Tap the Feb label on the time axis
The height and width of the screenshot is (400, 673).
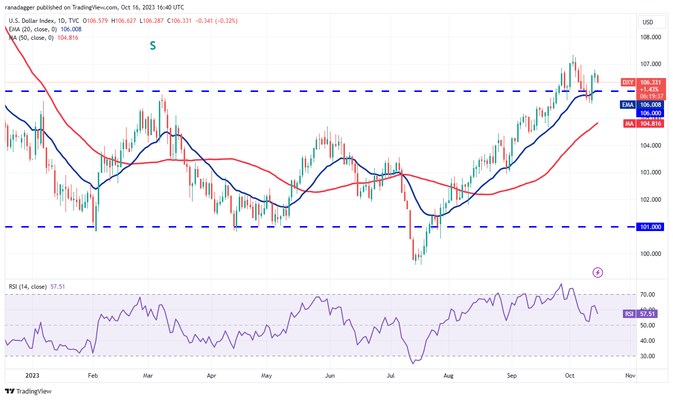coord(92,376)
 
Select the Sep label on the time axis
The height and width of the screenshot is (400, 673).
coord(512,376)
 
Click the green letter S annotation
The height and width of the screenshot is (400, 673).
coord(153,46)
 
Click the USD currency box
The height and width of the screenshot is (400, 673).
coord(648,22)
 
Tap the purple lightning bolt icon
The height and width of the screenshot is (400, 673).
coord(598,272)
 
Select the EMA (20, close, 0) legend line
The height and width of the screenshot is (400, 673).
coord(45,29)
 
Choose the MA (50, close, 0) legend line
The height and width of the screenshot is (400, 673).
coord(44,37)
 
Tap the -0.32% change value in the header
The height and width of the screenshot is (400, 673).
coord(228,21)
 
